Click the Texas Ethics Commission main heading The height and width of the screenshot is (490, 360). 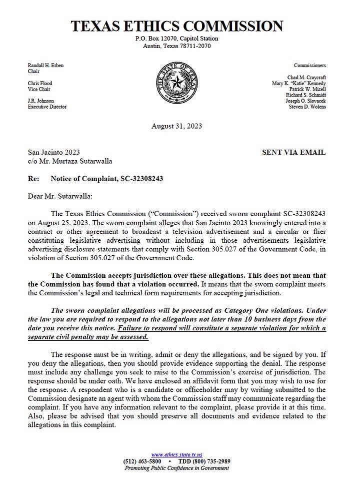(176, 26)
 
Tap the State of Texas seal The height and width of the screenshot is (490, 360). (176, 85)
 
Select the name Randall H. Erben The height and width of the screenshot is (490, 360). (45, 66)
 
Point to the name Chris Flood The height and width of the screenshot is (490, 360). (40, 83)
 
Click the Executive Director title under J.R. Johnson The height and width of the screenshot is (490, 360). (47, 107)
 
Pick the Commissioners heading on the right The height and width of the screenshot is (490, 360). (309, 66)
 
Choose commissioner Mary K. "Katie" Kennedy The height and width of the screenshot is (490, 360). (298, 83)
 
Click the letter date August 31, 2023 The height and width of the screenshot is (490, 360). (176, 126)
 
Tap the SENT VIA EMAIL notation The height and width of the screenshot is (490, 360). (293, 152)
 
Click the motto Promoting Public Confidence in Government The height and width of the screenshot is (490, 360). (176, 468)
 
